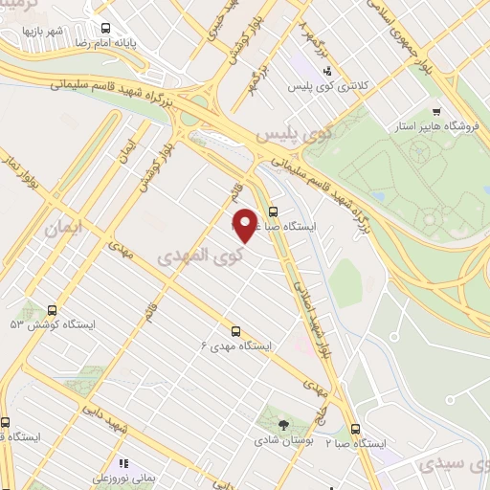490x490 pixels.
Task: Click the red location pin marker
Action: pos(246,224)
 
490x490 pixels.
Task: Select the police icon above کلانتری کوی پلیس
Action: pos(327,71)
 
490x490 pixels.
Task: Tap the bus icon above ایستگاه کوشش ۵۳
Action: pos(52,310)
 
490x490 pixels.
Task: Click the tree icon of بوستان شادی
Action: pos(282,425)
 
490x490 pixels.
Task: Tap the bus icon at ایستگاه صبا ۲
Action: pos(356,429)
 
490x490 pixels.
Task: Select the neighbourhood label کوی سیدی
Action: pos(453,465)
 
